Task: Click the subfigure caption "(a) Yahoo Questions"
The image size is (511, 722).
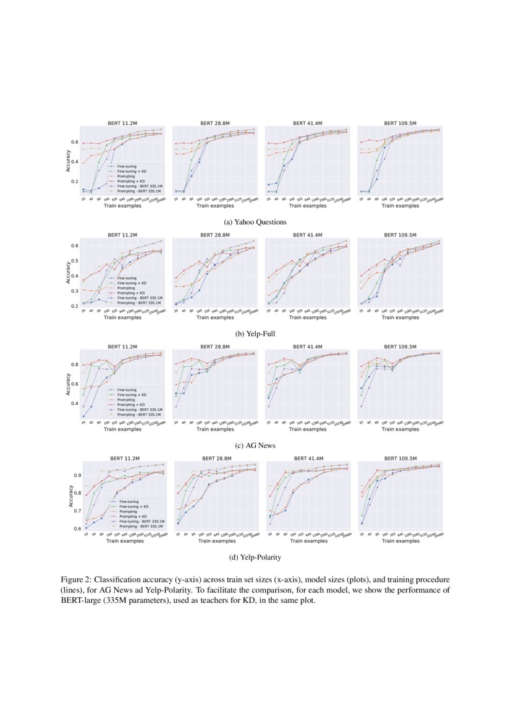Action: pos(255,221)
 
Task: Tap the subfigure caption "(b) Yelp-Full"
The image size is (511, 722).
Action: pos(255,334)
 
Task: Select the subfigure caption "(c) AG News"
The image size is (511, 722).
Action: pos(255,445)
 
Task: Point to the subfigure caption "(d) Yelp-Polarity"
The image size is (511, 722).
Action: pos(255,557)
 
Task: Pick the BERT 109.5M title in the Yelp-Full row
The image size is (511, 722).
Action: pos(400,235)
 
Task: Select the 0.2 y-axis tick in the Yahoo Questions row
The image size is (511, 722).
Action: pos(77,182)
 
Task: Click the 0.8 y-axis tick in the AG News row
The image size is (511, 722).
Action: pos(77,365)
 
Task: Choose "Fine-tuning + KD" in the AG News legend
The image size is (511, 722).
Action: pos(134,394)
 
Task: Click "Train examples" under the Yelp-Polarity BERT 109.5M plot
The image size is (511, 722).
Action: pos(400,541)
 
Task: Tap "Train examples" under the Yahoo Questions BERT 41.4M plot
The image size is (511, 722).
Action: pos(307,206)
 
